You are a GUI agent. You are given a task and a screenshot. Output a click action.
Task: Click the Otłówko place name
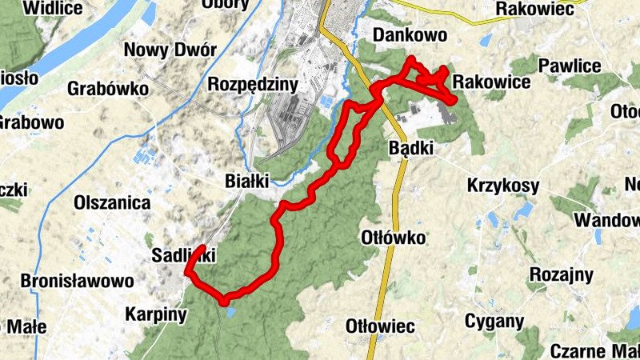coord(393,238)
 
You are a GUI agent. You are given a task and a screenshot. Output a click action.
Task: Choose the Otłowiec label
coord(380,326)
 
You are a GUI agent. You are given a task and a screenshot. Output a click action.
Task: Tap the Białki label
coord(247,181)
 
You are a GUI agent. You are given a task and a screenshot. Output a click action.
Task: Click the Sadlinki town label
coord(183,255)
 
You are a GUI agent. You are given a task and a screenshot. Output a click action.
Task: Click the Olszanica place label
coord(112,202)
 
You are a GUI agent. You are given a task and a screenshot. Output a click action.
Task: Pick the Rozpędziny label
coord(252,84)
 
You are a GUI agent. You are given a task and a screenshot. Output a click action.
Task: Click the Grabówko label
coord(108,88)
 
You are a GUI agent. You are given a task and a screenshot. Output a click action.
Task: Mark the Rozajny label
coord(561,275)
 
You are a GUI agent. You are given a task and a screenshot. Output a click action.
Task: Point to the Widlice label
coord(53,8)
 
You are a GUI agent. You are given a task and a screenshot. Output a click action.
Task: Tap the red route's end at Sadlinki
coord(202,248)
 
